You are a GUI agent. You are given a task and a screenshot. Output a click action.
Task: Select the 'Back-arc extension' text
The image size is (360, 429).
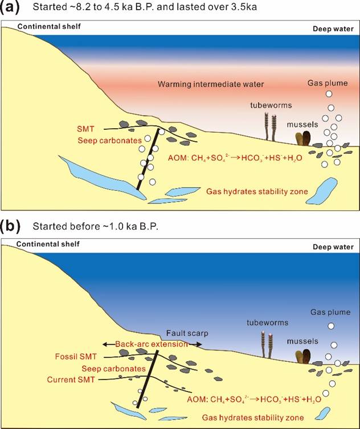[x=152, y=345]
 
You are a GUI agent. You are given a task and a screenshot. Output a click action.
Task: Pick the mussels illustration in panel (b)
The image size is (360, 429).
[x=304, y=356]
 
